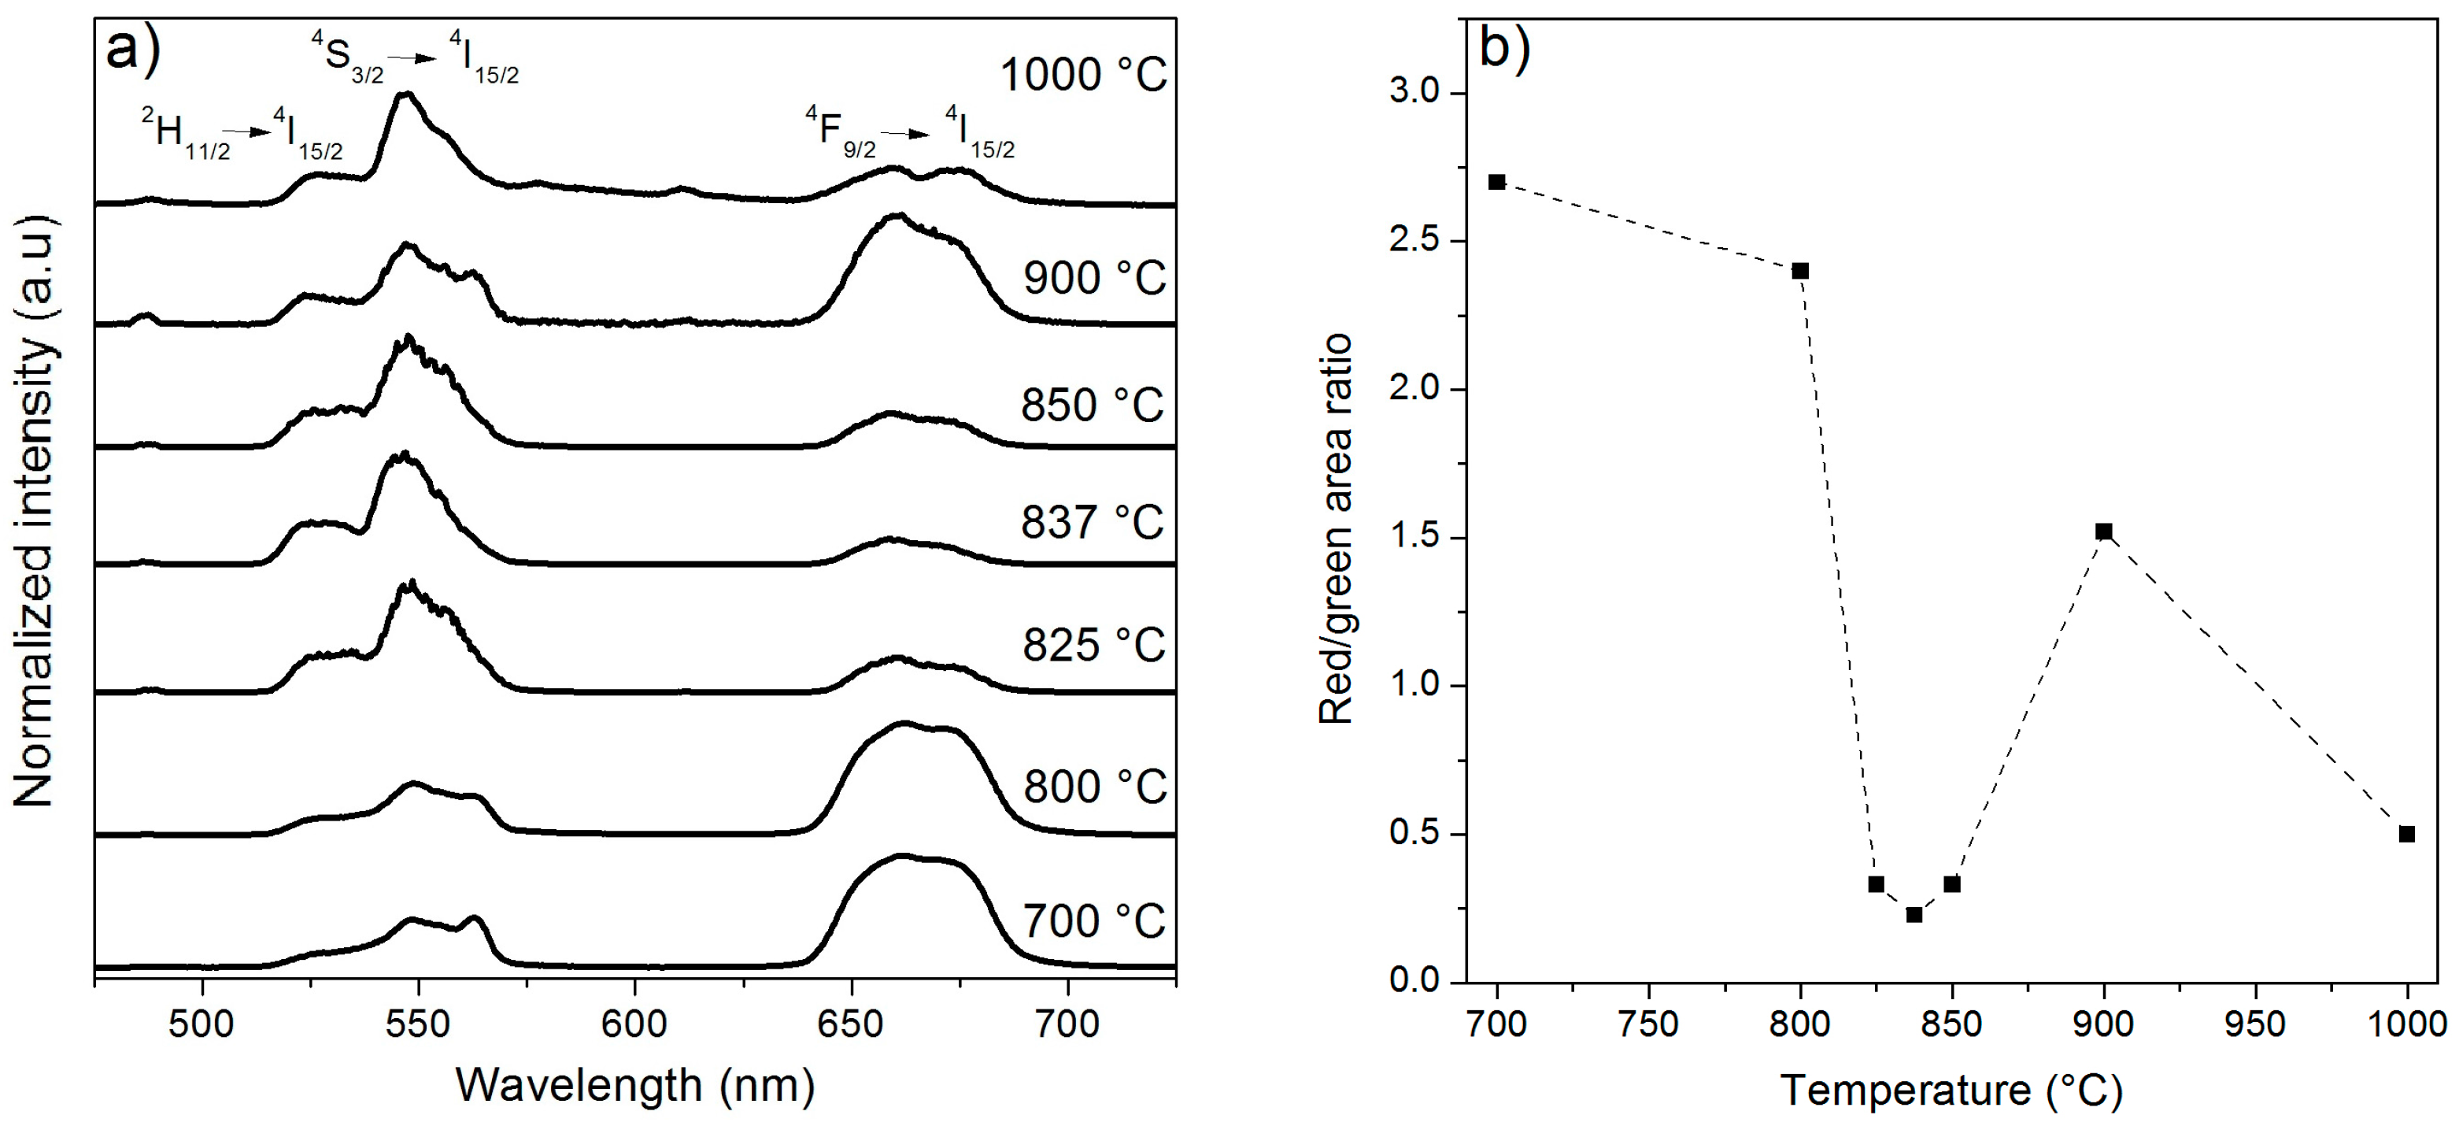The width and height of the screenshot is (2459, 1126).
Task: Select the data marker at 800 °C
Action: click(x=1800, y=271)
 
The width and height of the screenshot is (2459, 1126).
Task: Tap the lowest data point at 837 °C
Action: click(x=1914, y=915)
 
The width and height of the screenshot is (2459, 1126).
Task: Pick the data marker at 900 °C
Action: click(x=2104, y=531)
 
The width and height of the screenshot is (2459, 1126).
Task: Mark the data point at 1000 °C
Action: click(x=2408, y=834)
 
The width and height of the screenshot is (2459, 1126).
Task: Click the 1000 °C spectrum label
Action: click(x=1083, y=76)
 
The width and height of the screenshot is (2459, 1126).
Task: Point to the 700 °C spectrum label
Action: click(x=1094, y=921)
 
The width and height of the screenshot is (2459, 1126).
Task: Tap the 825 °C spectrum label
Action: click(x=1094, y=646)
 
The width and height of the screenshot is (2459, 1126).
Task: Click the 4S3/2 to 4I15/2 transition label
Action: click(x=416, y=55)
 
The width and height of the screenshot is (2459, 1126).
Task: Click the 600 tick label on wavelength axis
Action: click(x=634, y=1024)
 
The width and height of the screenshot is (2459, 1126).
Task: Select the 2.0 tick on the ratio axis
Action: click(x=1415, y=390)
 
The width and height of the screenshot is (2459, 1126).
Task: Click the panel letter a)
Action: click(x=133, y=48)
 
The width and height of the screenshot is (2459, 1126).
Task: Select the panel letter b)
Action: click(x=1504, y=48)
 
